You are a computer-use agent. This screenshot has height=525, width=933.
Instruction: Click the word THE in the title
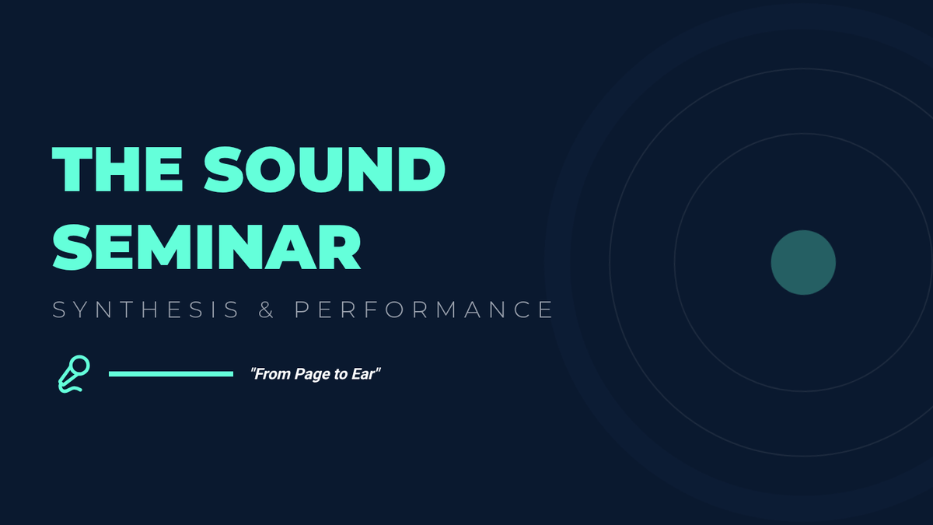(x=117, y=170)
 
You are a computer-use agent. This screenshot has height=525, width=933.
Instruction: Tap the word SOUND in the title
(x=324, y=170)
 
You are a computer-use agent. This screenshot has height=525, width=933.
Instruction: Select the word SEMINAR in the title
(x=206, y=247)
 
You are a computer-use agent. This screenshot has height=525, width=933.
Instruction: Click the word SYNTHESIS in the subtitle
(x=146, y=310)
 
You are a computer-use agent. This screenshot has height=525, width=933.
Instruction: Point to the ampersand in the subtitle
(x=266, y=310)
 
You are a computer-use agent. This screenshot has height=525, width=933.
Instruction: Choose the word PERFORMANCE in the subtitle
(x=423, y=310)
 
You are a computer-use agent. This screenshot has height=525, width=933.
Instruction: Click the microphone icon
(x=74, y=374)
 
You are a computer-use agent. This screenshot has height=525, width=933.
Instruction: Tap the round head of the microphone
(x=79, y=366)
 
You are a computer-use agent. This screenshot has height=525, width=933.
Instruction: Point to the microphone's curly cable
(x=71, y=389)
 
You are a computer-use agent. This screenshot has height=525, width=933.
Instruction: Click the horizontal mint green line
(x=171, y=374)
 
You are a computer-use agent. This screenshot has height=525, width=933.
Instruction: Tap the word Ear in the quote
(x=363, y=374)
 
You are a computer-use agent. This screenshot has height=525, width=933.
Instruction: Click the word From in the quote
(x=272, y=374)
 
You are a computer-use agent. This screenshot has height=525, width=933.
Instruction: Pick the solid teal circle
(x=803, y=263)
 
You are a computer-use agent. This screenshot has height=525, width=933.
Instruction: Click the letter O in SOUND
(x=271, y=170)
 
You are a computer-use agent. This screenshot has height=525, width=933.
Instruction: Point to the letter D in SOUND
(x=421, y=170)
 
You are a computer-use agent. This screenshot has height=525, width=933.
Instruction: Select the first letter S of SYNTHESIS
(x=59, y=310)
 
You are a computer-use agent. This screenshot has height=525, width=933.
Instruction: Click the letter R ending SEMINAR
(x=339, y=247)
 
